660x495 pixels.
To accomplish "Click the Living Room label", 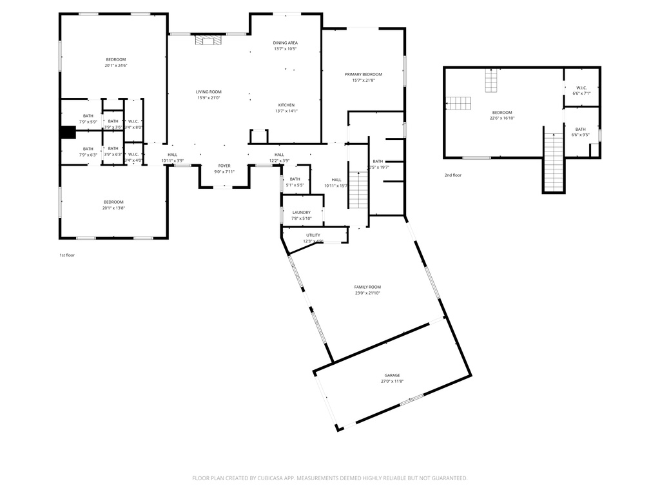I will [x=209, y=92].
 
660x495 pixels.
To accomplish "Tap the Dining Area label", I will [x=286, y=43].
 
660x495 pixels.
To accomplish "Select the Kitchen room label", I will [x=286, y=105].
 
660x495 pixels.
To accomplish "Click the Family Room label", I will [x=367, y=287].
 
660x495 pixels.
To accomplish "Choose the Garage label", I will [x=392, y=375].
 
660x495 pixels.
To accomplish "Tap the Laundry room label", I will [x=302, y=212].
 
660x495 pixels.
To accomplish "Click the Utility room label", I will [x=313, y=235].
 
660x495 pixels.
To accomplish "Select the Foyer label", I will [x=224, y=166].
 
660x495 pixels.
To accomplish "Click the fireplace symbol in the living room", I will [x=208, y=40].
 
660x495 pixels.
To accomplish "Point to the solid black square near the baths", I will [x=68, y=132].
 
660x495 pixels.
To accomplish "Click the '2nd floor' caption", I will [x=452, y=175].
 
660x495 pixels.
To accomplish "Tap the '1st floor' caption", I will [x=67, y=255].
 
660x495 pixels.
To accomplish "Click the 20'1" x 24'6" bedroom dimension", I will [x=116, y=66].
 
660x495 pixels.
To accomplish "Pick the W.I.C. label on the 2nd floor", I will [x=581, y=88].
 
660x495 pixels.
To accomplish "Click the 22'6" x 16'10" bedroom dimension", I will [x=502, y=118].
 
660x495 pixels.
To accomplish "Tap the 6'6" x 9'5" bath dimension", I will [x=581, y=135].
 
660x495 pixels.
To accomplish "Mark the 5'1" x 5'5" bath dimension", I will [x=295, y=185].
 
